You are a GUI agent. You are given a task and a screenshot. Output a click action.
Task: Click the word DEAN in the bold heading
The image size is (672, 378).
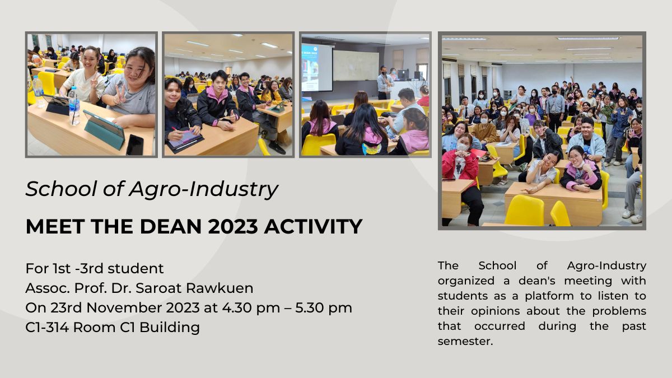[170, 226]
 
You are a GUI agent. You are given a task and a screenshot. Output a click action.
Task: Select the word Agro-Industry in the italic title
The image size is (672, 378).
[203, 190]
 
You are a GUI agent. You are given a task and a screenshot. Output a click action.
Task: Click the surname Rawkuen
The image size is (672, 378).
[220, 288]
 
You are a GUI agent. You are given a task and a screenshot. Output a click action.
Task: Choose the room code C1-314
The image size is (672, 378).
[47, 327]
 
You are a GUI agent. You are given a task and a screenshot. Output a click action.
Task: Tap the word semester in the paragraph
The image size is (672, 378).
[465, 342]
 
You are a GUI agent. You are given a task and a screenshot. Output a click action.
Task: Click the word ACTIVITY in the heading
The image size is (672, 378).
[313, 226]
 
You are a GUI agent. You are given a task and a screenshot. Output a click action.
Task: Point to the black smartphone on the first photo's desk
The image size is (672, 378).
[134, 145]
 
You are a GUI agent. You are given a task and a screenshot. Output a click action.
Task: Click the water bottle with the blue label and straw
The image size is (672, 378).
[74, 106]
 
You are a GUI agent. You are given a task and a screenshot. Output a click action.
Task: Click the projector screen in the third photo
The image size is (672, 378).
[317, 68]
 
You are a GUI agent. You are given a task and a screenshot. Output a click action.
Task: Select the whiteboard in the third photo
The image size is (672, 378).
[356, 66]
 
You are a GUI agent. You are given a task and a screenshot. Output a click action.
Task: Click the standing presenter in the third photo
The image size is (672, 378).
[384, 83]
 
